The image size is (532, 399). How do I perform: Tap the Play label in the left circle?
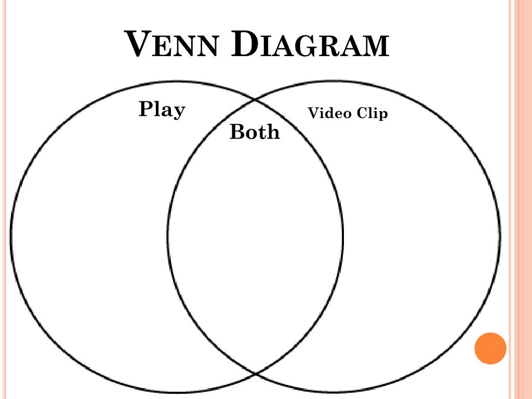tap(162, 110)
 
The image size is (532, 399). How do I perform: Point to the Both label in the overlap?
tap(254, 132)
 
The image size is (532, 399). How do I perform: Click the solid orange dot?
tap(490, 348)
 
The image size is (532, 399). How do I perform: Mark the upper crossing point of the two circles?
tap(255, 100)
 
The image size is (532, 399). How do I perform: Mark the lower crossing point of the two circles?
tap(255, 373)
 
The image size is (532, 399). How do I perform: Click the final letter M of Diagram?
tap(375, 47)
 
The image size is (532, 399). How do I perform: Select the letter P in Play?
tap(146, 109)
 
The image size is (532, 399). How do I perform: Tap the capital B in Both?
tap(237, 132)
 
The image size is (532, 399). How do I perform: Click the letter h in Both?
tap(273, 132)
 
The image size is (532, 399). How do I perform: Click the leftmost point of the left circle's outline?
tap(11, 236)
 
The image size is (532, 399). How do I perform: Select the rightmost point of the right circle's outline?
tap(500, 236)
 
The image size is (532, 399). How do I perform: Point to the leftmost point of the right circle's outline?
tap(168, 236)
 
